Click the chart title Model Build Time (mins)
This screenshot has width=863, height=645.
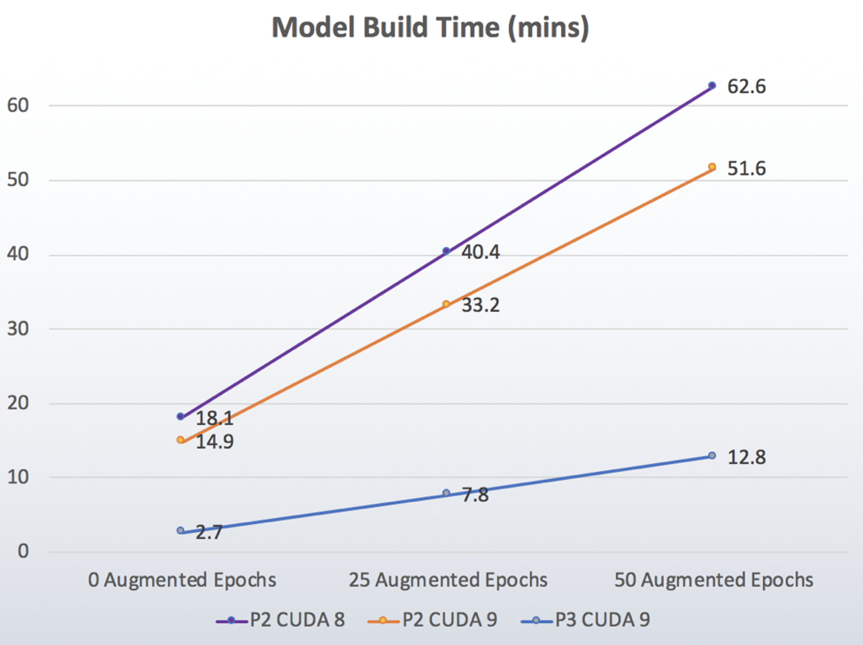(430, 28)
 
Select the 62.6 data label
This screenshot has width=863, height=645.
(746, 87)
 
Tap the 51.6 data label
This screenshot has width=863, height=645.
(746, 169)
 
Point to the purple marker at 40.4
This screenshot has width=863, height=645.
(446, 251)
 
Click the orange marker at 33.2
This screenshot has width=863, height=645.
(446, 305)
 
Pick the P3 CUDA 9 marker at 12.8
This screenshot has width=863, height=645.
(712, 455)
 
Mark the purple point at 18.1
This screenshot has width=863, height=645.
(181, 417)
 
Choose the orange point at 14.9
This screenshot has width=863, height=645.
(181, 440)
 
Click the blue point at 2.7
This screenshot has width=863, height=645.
(181, 530)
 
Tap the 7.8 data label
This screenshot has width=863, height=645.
(475, 495)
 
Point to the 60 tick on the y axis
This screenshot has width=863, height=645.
(18, 106)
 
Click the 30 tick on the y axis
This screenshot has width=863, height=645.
(18, 329)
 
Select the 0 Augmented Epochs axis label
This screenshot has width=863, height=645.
(182, 580)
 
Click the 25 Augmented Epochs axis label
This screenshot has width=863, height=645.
(448, 580)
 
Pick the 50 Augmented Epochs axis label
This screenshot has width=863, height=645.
(714, 580)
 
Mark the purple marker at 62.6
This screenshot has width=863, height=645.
(712, 85)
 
